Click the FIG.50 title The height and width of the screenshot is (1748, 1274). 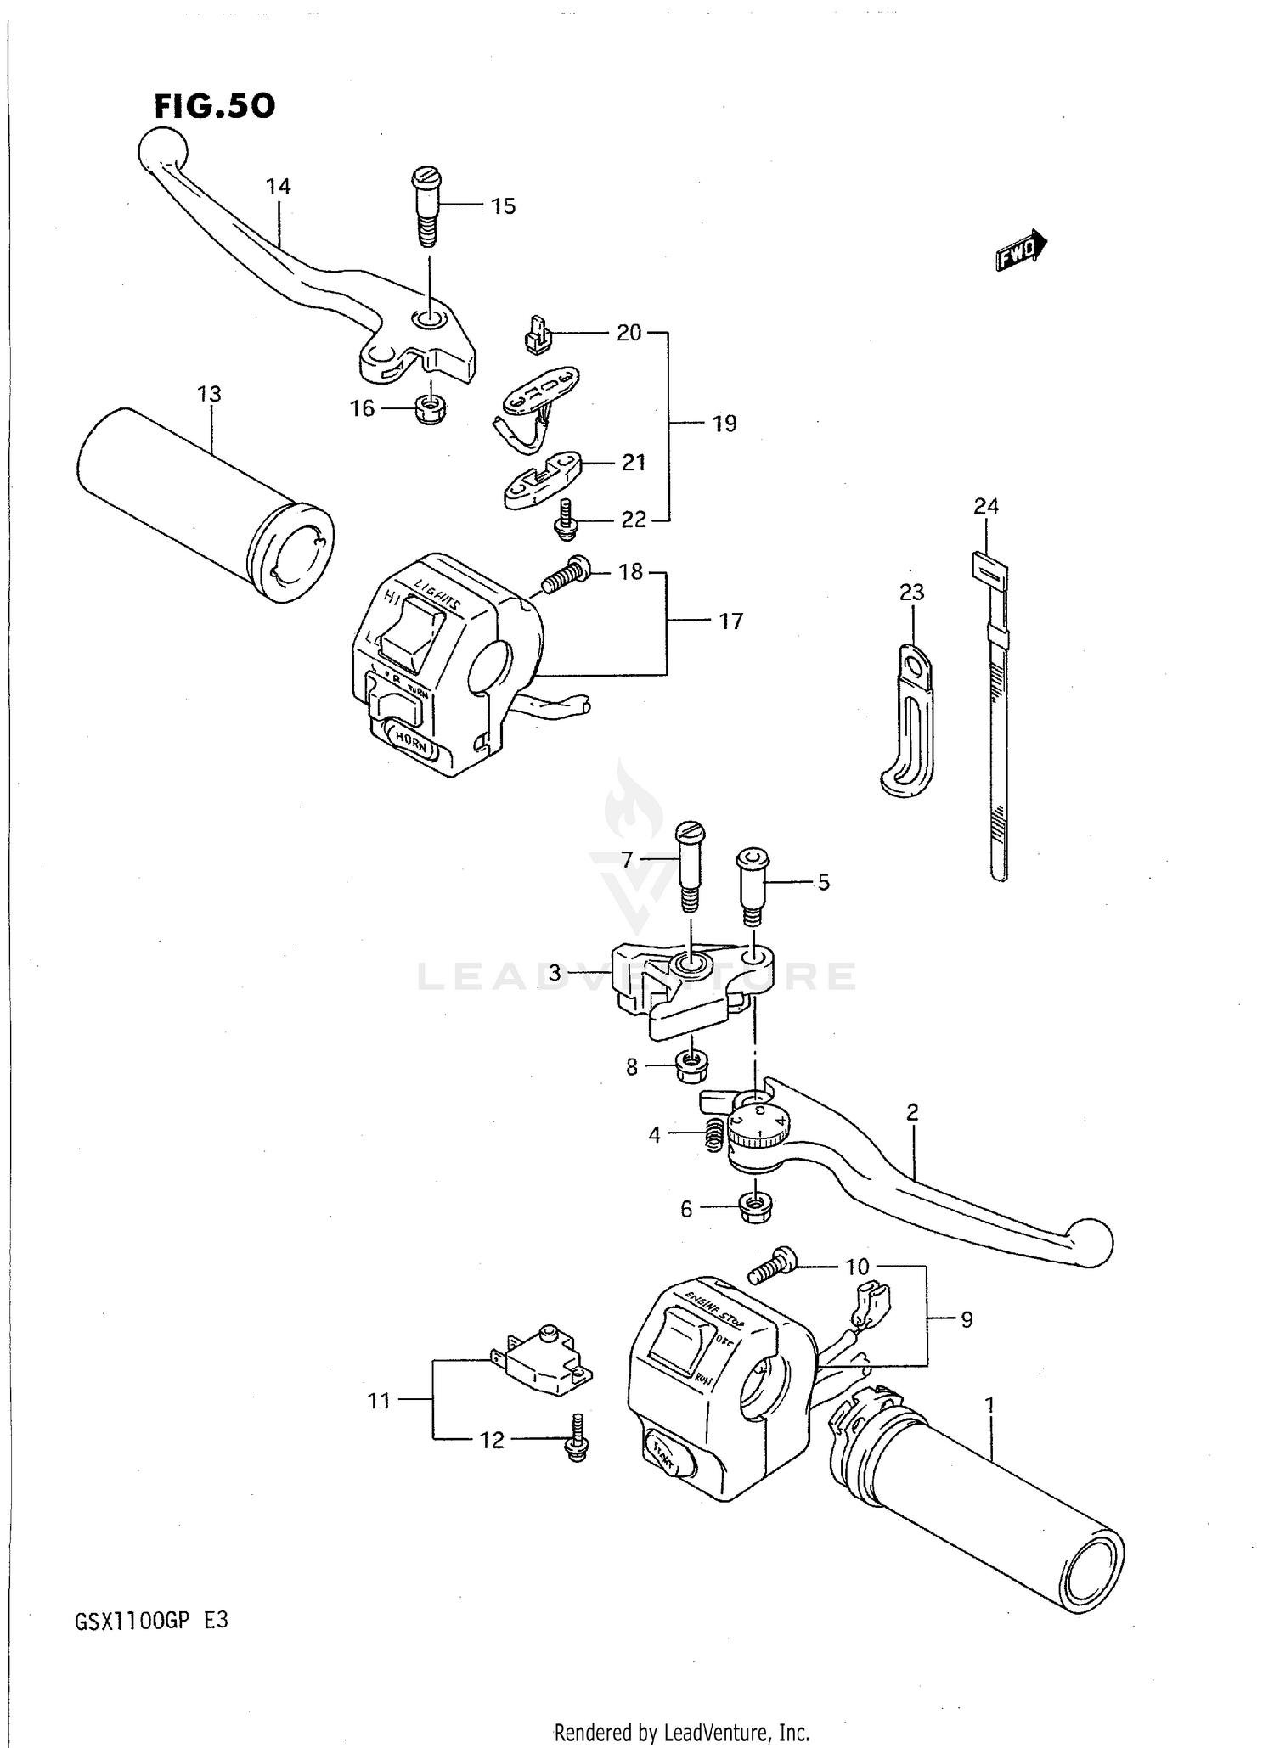pos(214,106)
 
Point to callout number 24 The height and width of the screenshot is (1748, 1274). pos(985,507)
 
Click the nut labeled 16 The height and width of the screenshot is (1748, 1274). pos(431,411)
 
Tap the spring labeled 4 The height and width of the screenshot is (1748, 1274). pos(714,1134)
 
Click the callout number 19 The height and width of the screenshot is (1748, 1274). pos(724,424)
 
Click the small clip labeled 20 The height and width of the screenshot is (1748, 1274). pos(535,333)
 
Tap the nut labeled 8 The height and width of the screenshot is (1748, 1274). pos(690,1066)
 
